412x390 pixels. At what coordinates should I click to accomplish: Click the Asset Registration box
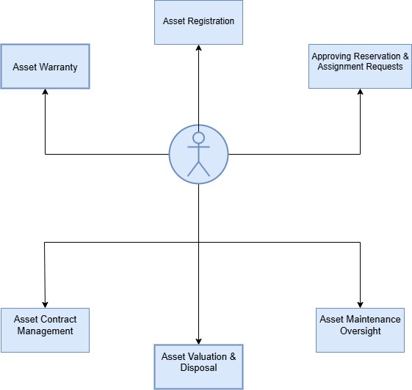pyautogui.click(x=198, y=22)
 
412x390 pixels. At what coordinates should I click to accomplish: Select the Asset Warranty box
pyautogui.click(x=46, y=67)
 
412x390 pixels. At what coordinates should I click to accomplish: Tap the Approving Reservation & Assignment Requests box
pyautogui.click(x=360, y=67)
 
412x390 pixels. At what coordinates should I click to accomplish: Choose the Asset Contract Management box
pyautogui.click(x=46, y=330)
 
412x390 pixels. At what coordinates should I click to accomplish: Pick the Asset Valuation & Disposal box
pyautogui.click(x=198, y=367)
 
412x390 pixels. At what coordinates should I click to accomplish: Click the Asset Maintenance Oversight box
pyautogui.click(x=360, y=330)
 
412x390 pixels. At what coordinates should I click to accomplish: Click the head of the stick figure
pyautogui.click(x=198, y=138)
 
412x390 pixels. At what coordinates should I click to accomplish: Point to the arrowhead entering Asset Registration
pyautogui.click(x=198, y=48)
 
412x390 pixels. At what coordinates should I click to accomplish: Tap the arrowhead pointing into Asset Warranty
pyautogui.click(x=46, y=92)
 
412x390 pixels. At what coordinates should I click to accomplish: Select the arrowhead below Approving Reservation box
pyautogui.click(x=361, y=92)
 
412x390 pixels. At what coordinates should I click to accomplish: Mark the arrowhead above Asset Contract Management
pyautogui.click(x=45, y=305)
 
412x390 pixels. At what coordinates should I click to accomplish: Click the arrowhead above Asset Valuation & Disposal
pyautogui.click(x=198, y=341)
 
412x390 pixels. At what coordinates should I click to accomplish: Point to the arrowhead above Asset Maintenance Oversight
pyautogui.click(x=361, y=305)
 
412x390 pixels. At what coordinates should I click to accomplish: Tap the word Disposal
pyautogui.click(x=198, y=367)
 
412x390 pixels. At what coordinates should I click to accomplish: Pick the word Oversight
pyautogui.click(x=361, y=331)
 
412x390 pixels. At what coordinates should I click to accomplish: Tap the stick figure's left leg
pyautogui.click(x=193, y=169)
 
